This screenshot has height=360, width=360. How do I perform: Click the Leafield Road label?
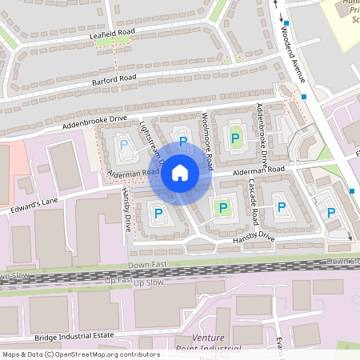pos(112,34)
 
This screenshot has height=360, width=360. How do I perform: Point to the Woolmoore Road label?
pos(206,141)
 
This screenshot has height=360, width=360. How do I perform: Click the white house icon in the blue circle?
pos(180,173)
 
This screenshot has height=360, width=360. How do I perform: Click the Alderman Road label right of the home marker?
pos(258,170)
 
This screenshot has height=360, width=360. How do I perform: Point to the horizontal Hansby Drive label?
pos(249,238)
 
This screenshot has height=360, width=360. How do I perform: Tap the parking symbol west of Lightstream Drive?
pos(123,145)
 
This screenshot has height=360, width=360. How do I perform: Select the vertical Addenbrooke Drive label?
pos(263,127)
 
